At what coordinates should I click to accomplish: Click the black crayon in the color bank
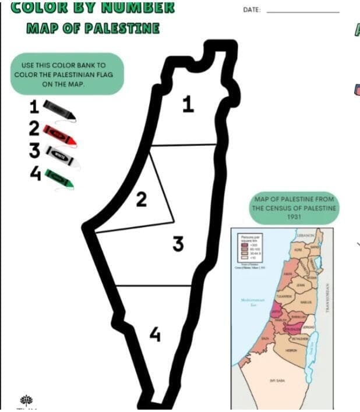click(x=59, y=110)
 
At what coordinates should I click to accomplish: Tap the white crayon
click(x=62, y=156)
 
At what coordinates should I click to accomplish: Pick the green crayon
click(x=59, y=177)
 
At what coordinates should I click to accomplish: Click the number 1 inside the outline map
click(x=188, y=105)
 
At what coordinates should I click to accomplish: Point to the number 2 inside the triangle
click(x=141, y=200)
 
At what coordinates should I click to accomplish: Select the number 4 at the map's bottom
click(x=154, y=335)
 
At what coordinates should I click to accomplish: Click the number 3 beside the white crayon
click(x=35, y=151)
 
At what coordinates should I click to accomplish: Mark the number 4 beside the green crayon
click(x=35, y=173)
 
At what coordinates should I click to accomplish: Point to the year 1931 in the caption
click(x=294, y=216)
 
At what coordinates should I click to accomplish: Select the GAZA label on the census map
click(x=266, y=338)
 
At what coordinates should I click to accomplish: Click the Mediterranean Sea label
click(x=253, y=302)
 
